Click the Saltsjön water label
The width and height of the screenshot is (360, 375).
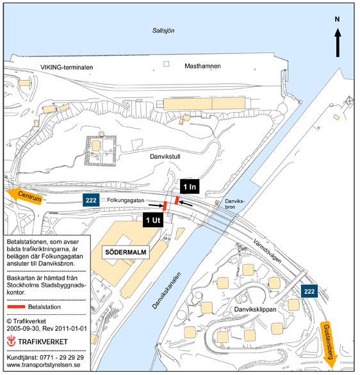coord(163,31)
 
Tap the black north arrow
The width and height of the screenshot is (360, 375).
coord(338,43)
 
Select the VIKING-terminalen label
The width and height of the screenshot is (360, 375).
coord(67,67)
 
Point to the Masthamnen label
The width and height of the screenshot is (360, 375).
coord(202,66)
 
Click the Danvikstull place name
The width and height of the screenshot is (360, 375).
coord(165,157)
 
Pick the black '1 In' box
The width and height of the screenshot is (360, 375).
coord(190,187)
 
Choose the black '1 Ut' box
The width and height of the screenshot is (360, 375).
coord(153,219)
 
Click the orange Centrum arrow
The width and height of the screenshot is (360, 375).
coord(25,196)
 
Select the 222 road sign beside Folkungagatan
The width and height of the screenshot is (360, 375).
coord(91,200)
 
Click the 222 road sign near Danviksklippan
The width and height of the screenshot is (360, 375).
coord(309,291)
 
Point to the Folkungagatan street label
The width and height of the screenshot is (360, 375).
coord(126,200)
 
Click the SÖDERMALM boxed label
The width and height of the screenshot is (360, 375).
coord(126,252)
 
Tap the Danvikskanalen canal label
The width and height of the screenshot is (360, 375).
coord(167,290)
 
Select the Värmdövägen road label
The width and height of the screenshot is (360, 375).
coord(267,251)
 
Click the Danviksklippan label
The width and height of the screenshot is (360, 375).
coord(255,310)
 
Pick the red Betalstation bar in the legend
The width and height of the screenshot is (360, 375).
coord(16,307)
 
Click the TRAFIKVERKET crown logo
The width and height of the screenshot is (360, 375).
coord(11,340)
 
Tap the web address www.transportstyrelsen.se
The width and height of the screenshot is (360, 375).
coord(44,365)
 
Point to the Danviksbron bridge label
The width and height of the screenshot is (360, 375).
coord(234,204)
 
